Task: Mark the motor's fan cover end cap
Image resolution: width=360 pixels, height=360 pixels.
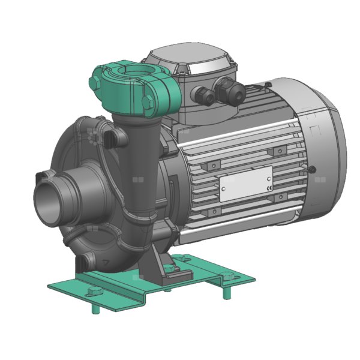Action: [x=327, y=159]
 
